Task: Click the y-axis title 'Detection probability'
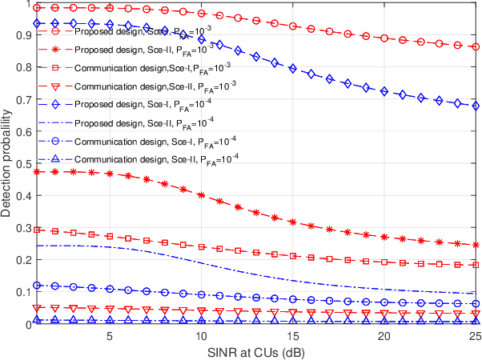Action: (8, 164)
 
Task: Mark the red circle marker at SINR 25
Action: (476, 47)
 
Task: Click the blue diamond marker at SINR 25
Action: (476, 106)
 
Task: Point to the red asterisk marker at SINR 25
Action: (476, 245)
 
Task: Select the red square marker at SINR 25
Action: (476, 265)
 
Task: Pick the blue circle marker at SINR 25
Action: (476, 304)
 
